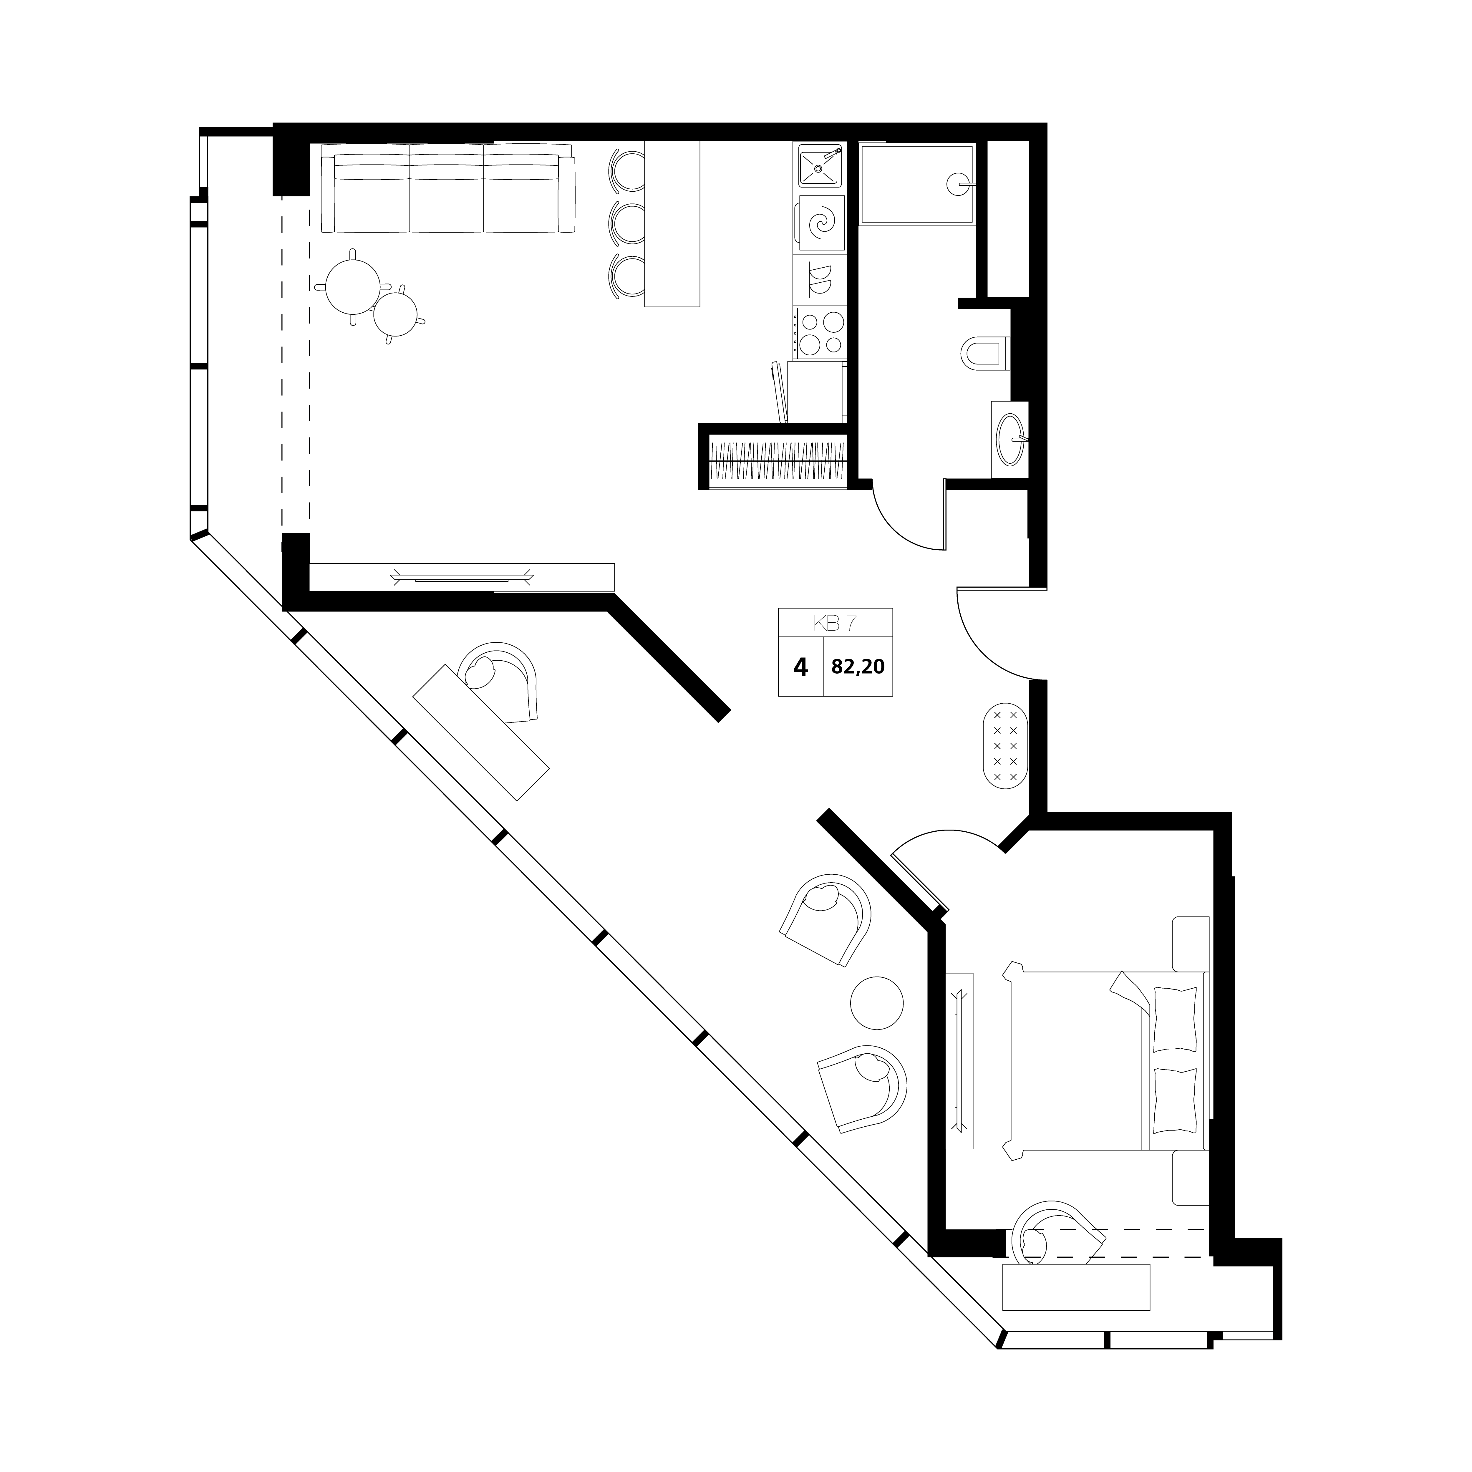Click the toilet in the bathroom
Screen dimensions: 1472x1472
pos(987,354)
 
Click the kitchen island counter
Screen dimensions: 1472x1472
pos(672,224)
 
